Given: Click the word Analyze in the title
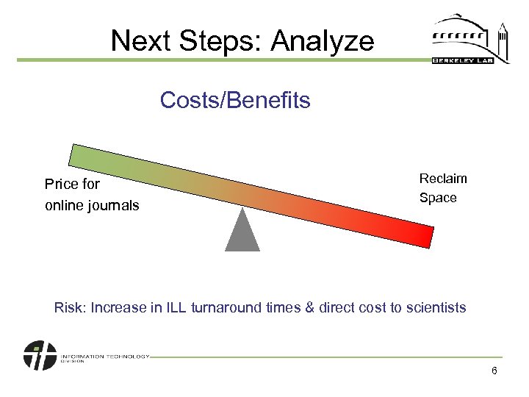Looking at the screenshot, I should tap(322, 41).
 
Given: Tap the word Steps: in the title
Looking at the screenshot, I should tap(221, 41).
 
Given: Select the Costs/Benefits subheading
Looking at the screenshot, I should tap(235, 100).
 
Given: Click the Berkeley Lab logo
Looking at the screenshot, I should tap(470, 40).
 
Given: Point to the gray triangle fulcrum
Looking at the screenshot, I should tap(242, 232).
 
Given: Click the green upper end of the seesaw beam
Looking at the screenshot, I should tap(84, 157).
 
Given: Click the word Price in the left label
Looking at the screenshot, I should tap(62, 184).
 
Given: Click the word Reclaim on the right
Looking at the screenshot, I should tap(443, 179).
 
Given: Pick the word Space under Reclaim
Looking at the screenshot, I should tap(438, 198).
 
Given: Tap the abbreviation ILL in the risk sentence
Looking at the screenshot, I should tap(176, 307).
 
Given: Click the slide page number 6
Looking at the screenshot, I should tap(494, 371).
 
